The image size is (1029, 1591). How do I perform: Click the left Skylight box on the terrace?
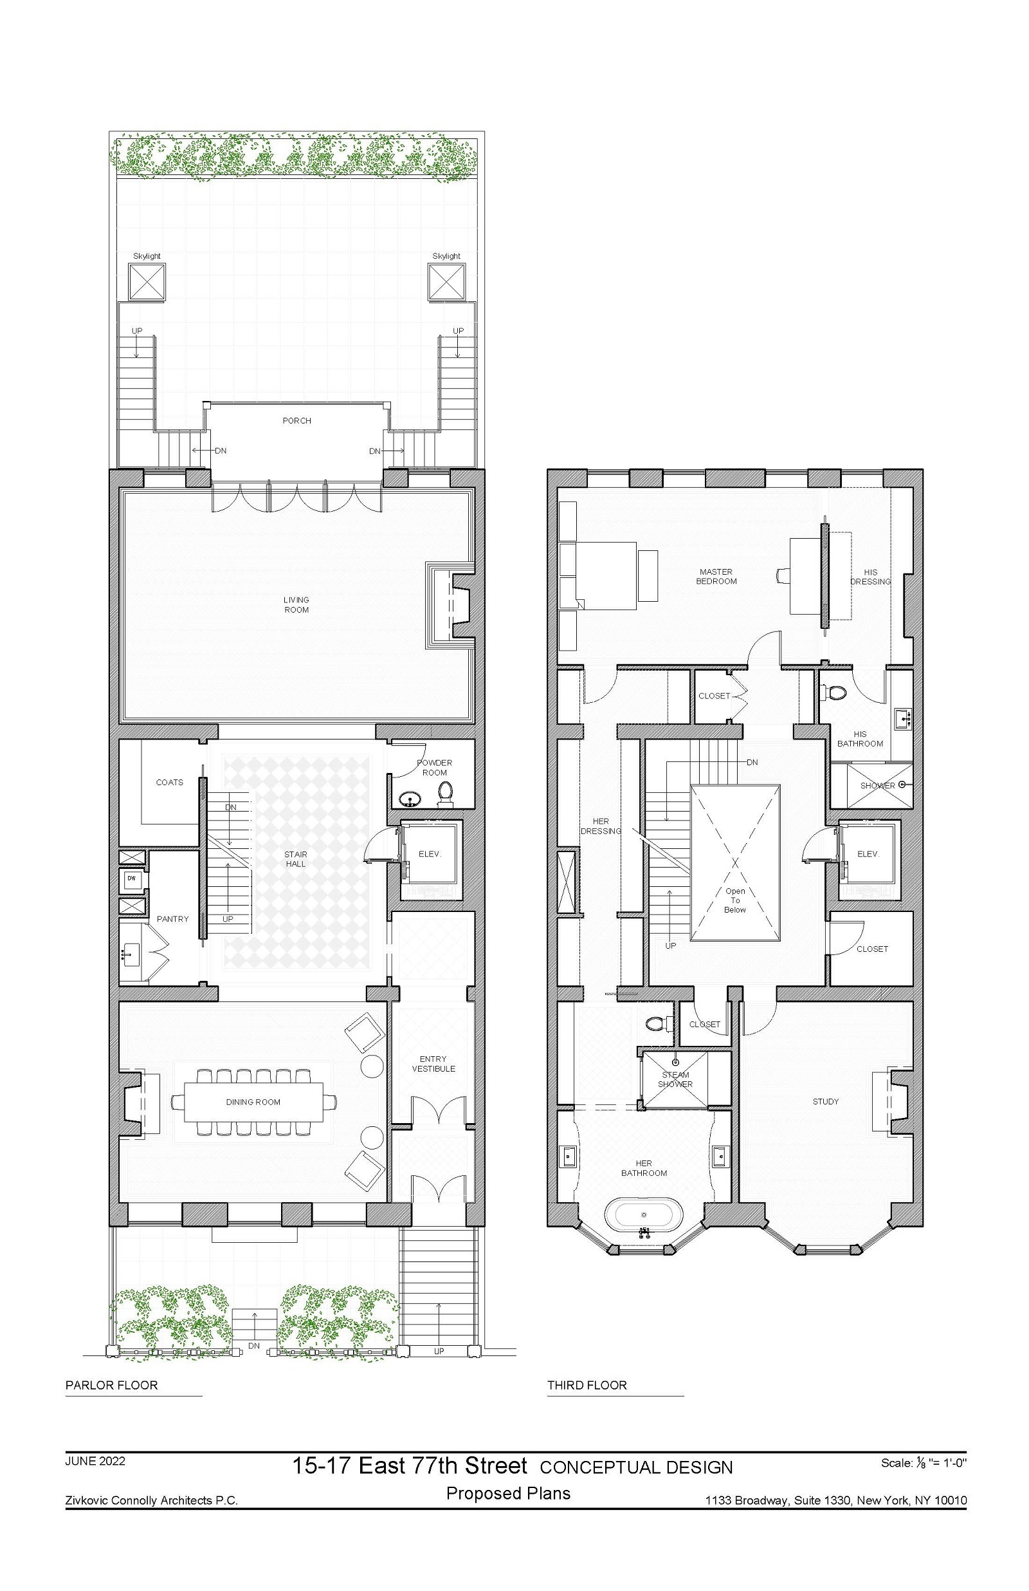pyautogui.click(x=147, y=281)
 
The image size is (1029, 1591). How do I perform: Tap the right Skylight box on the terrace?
pyautogui.click(x=446, y=281)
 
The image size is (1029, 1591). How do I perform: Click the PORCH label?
pyautogui.click(x=296, y=420)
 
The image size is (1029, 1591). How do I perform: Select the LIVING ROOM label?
pyautogui.click(x=296, y=605)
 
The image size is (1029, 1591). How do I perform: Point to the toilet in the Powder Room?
pyautogui.click(x=446, y=793)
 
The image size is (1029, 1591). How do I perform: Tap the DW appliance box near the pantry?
pyautogui.click(x=132, y=878)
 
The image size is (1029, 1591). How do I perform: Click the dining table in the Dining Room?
pyautogui.click(x=253, y=1102)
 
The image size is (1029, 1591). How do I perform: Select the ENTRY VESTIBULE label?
pyautogui.click(x=433, y=1064)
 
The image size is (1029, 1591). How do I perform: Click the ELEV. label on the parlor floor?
pyautogui.click(x=430, y=853)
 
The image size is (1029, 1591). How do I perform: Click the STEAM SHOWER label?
pyautogui.click(x=675, y=1079)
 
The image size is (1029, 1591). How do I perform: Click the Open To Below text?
pyautogui.click(x=735, y=900)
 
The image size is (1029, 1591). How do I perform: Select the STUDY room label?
pyautogui.click(x=825, y=1101)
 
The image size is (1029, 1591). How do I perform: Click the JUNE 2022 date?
pyautogui.click(x=95, y=1480)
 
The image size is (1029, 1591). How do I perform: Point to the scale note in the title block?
pyautogui.click(x=924, y=1482)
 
